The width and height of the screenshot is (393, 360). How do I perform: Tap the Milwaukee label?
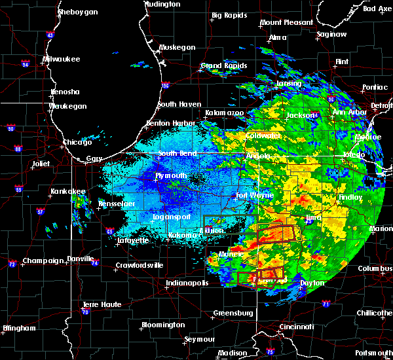61,59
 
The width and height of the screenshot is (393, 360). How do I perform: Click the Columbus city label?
375,268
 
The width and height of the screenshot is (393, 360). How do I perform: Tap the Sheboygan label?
77,12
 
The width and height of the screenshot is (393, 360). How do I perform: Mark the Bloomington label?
163,325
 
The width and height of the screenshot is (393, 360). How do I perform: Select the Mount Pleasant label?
286,22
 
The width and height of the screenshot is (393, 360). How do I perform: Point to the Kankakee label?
68,192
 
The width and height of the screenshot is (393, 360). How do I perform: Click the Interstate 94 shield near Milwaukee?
26,65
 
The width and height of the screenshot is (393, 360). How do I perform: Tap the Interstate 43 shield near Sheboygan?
50,35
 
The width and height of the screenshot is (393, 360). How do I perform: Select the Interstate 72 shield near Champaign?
12,264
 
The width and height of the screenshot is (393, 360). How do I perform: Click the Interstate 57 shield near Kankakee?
41,212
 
